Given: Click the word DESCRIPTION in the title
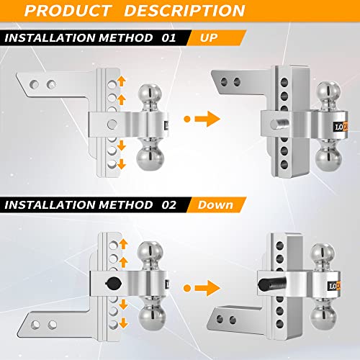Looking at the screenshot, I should pos(203,11).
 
